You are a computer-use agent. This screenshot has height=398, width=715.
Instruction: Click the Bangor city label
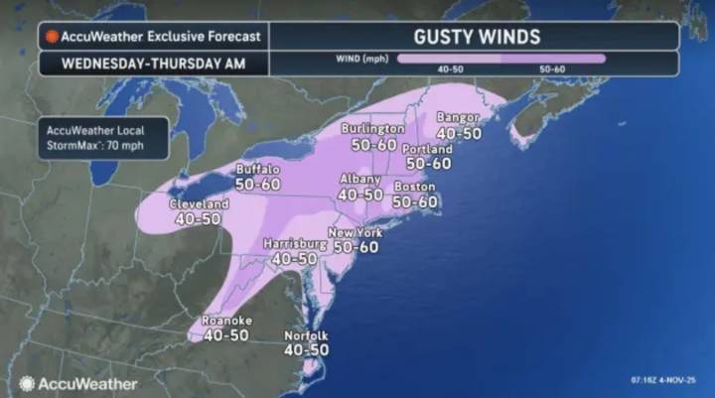[x=459, y=118]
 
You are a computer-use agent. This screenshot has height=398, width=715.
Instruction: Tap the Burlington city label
[x=372, y=129]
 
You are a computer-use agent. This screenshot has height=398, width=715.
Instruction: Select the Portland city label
[x=428, y=149]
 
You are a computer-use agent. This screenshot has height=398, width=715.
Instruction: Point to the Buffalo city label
[x=258, y=170]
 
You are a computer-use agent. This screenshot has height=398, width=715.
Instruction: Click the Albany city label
[x=359, y=180]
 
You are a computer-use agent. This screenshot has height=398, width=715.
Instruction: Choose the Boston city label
[x=415, y=187]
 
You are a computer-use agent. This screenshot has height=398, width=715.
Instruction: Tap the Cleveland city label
[x=201, y=204]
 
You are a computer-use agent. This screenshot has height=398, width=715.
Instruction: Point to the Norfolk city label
[x=306, y=335]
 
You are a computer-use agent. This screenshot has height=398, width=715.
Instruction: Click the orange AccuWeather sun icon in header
[x=52, y=37]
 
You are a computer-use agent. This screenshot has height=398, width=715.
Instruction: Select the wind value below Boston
[x=415, y=201]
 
